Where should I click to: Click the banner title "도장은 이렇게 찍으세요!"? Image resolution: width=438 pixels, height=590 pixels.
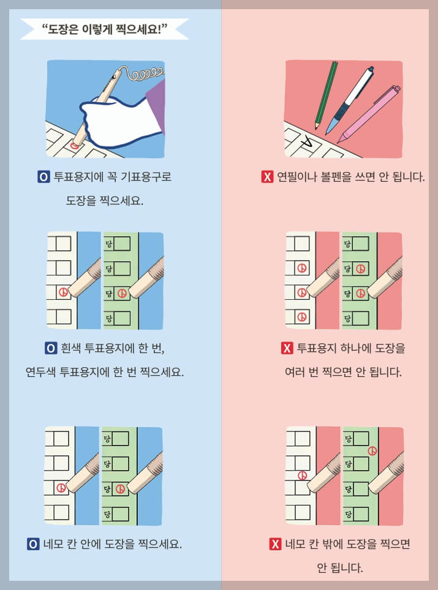pyautogui.click(x=105, y=28)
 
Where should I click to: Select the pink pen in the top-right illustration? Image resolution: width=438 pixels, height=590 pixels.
pyautogui.click(x=371, y=113)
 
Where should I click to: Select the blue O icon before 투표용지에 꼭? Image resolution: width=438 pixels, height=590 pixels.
pyautogui.click(x=43, y=177)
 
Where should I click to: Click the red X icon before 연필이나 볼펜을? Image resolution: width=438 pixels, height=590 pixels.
pyautogui.click(x=267, y=177)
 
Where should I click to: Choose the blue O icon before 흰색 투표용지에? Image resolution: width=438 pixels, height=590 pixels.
pyautogui.click(x=51, y=349)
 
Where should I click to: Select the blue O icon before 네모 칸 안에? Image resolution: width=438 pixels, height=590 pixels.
pyautogui.click(x=34, y=543)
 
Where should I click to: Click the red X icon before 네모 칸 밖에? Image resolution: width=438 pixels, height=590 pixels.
pyautogui.click(x=276, y=543)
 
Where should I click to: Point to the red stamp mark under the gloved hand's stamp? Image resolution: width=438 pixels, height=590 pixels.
pyautogui.click(x=75, y=146)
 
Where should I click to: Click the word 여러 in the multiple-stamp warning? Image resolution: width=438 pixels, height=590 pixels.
pyautogui.click(x=296, y=372)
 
